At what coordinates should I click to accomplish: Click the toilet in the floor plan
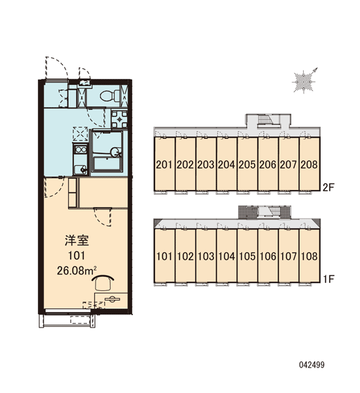click(x=110, y=96)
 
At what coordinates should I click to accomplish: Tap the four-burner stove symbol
click(x=119, y=119)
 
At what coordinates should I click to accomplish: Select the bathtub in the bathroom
click(x=107, y=164)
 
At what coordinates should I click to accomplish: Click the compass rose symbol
click(x=304, y=81)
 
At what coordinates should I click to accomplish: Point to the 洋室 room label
click(x=77, y=240)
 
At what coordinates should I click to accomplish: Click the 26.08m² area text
click(x=77, y=271)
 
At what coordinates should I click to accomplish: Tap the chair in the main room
click(x=103, y=283)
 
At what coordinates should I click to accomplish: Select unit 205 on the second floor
click(x=247, y=164)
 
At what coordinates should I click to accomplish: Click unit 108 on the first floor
click(x=310, y=256)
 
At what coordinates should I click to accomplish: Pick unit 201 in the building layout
click(x=164, y=164)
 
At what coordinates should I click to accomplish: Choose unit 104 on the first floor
click(x=226, y=256)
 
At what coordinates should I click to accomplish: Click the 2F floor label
click(x=329, y=187)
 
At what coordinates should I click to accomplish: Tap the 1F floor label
click(x=329, y=279)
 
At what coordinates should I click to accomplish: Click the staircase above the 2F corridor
click(x=265, y=119)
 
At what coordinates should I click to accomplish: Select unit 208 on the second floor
click(x=310, y=164)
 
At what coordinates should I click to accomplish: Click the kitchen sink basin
click(x=80, y=170)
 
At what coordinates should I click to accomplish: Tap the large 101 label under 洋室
click(x=77, y=255)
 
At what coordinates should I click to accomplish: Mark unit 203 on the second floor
click(x=206, y=164)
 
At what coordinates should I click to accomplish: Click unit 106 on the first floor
click(x=268, y=256)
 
